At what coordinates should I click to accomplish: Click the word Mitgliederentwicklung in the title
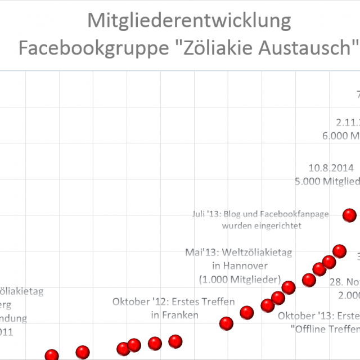[190, 21]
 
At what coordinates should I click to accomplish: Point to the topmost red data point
[349, 214]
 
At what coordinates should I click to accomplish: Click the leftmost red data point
[52, 355]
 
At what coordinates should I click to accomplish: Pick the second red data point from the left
[83, 353]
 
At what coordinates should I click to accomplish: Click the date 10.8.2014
[331, 168]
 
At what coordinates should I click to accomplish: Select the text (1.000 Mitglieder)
[240, 279]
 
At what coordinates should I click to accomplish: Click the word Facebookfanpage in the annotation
[293, 214]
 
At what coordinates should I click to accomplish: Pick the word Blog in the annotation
[233, 214]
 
